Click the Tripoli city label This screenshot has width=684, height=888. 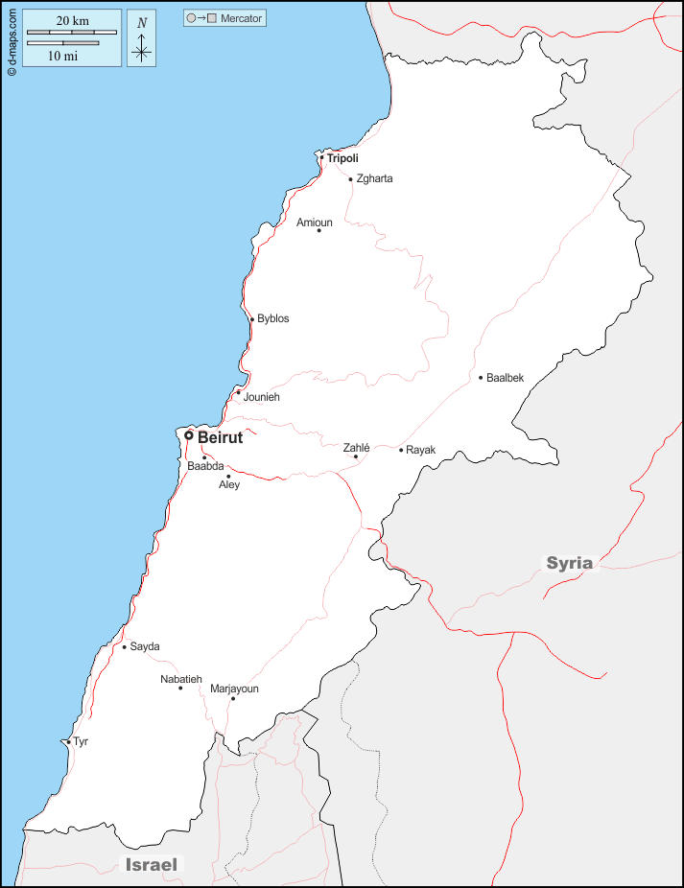click(342, 158)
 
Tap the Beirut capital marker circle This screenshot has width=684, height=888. click(189, 435)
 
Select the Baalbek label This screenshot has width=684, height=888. click(506, 378)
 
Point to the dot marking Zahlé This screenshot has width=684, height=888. click(356, 456)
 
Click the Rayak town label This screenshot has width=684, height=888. click(420, 450)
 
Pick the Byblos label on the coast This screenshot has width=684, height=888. click(272, 318)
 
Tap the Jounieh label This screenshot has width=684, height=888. click(262, 397)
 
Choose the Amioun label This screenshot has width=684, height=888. click(315, 222)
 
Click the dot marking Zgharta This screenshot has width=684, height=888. click(350, 178)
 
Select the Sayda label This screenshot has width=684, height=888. click(145, 646)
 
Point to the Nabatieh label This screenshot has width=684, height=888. click(181, 679)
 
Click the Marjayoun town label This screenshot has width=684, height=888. click(234, 689)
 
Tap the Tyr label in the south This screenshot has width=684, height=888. click(81, 741)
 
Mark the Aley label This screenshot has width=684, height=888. click(229, 485)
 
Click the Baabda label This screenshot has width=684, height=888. click(204, 467)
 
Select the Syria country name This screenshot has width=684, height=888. click(570, 563)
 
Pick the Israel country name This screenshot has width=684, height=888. click(152, 865)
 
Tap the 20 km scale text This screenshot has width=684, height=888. click(72, 21)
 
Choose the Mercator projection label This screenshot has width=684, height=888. click(241, 18)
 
